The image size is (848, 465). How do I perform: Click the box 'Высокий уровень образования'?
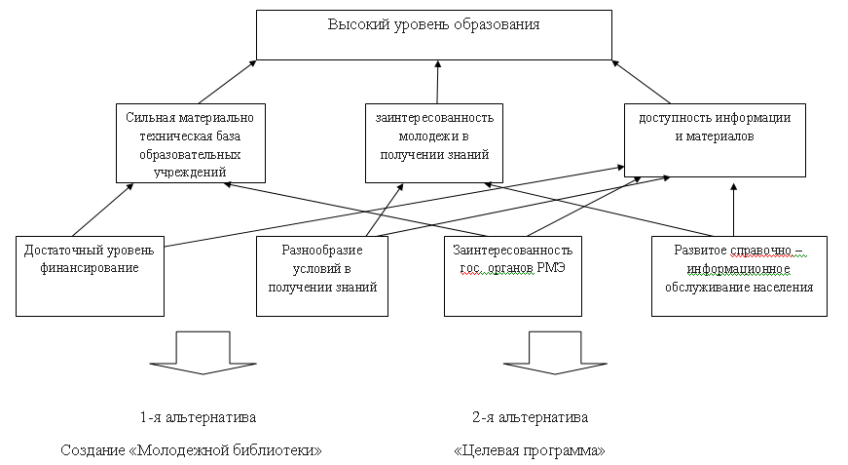click(x=434, y=34)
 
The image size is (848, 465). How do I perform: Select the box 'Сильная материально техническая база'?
click(x=191, y=142)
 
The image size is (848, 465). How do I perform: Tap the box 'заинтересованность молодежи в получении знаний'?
click(x=433, y=142)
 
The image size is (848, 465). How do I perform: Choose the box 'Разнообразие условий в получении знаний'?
click(x=322, y=276)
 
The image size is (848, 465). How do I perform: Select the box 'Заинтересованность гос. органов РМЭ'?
click(x=514, y=276)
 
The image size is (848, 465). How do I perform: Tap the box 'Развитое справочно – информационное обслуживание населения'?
click(x=739, y=276)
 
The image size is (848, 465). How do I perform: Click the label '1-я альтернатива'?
click(x=198, y=417)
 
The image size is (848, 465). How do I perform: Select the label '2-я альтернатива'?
click(x=530, y=417)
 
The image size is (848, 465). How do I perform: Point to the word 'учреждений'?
click(x=190, y=173)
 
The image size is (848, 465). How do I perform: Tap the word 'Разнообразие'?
click(x=322, y=249)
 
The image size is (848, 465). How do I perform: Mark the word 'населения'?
click(x=784, y=287)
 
